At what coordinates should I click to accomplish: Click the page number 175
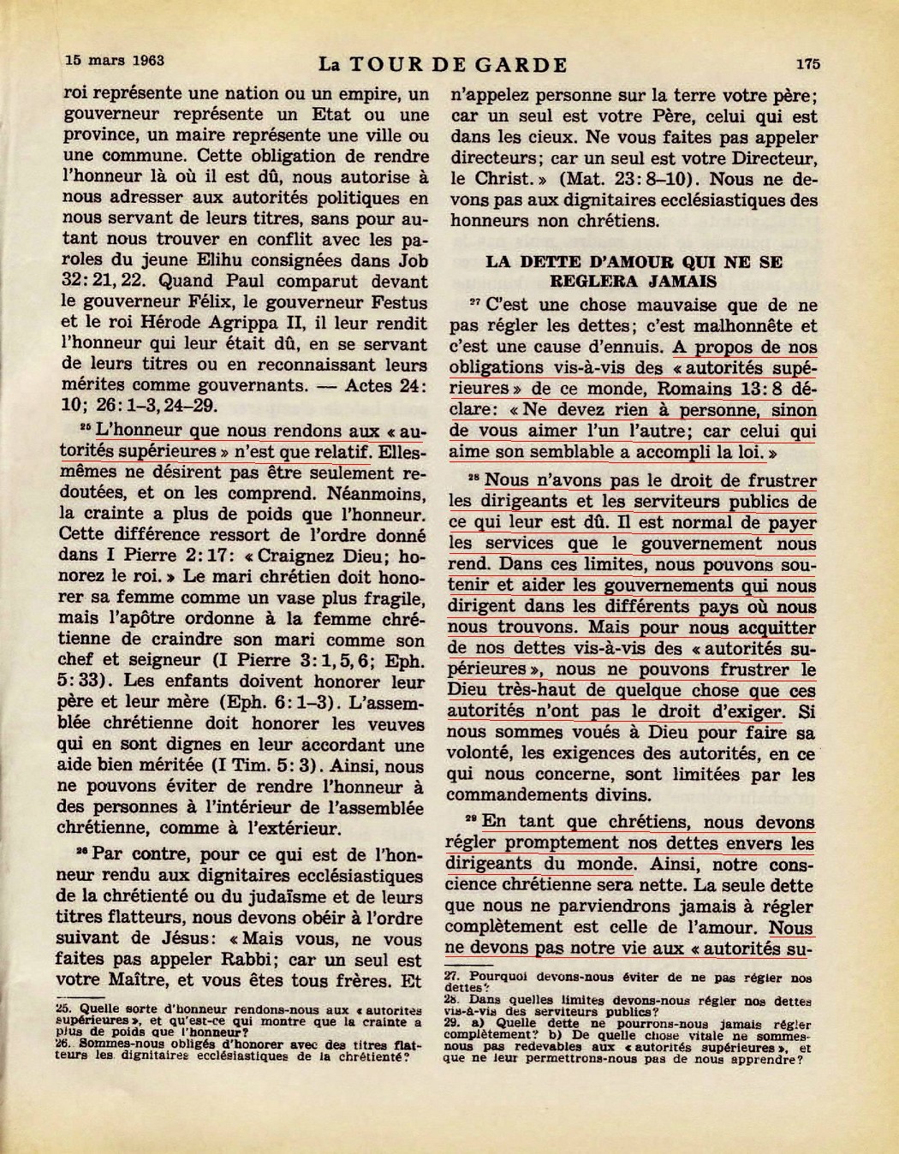coord(807,63)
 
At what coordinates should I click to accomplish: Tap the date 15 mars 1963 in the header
coord(115,61)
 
